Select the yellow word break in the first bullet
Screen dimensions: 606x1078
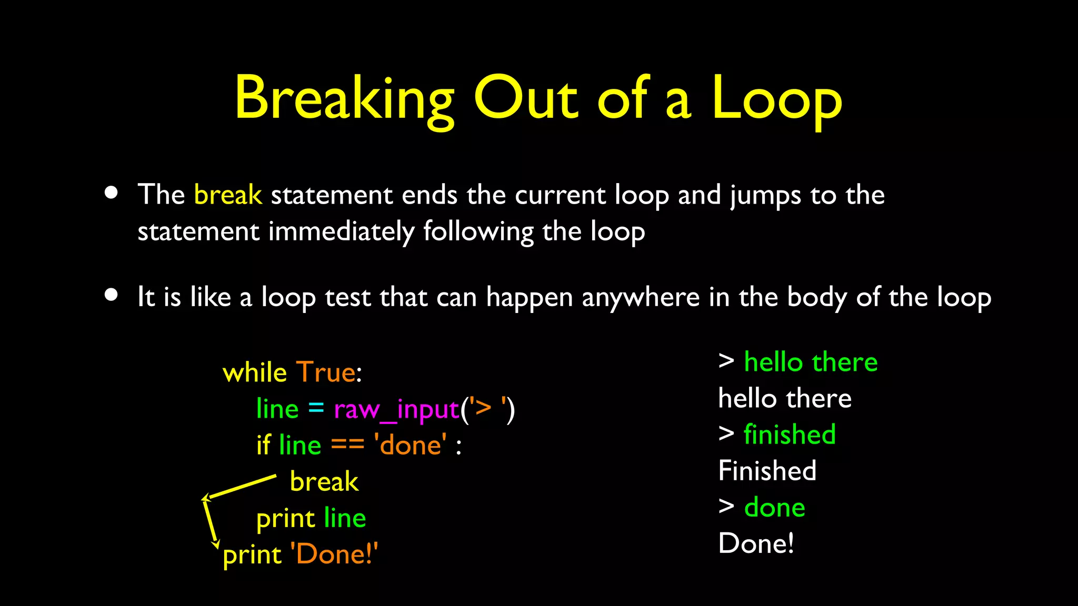pyautogui.click(x=227, y=195)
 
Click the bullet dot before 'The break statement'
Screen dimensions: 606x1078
pyautogui.click(x=111, y=192)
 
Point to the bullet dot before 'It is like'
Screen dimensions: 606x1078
pyautogui.click(x=111, y=295)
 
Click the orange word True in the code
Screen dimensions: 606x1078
pyautogui.click(x=326, y=372)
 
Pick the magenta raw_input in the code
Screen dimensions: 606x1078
pyautogui.click(x=396, y=409)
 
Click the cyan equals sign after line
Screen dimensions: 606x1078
pyautogui.click(x=316, y=408)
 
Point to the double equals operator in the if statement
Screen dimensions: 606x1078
pyautogui.click(x=347, y=445)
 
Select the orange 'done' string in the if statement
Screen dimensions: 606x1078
pyautogui.click(x=410, y=445)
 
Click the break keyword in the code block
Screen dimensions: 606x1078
pyautogui.click(x=324, y=481)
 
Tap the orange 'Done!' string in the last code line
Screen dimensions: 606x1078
pyautogui.click(x=334, y=554)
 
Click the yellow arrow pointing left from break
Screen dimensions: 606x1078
pyautogui.click(x=239, y=487)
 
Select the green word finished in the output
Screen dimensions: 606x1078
pyautogui.click(x=790, y=435)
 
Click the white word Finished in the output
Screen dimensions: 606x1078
pyautogui.click(x=767, y=471)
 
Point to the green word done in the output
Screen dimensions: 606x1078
pyautogui.click(x=774, y=508)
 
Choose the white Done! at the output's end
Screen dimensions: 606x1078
pyautogui.click(x=756, y=543)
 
